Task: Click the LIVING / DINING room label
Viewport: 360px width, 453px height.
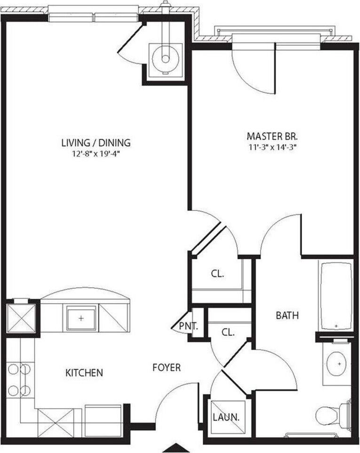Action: [96, 143]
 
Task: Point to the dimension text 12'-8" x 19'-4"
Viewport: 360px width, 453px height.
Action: [96, 153]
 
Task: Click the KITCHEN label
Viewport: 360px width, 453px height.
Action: [84, 373]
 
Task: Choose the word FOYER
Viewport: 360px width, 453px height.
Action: [166, 367]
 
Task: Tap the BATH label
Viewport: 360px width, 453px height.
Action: [287, 316]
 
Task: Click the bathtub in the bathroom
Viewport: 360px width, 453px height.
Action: [336, 296]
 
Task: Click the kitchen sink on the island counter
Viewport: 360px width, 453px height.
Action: [81, 318]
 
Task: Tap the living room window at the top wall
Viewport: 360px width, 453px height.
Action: [94, 17]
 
